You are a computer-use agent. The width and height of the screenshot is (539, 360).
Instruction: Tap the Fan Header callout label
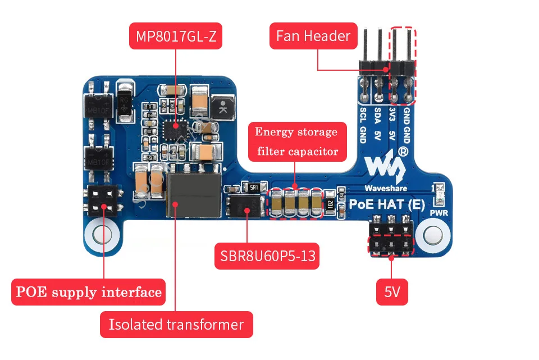pyautogui.click(x=313, y=36)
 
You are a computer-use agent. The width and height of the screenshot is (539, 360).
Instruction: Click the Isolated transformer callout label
pyautogui.click(x=176, y=324)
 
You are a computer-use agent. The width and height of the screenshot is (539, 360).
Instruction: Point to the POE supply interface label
pyautogui.click(x=89, y=292)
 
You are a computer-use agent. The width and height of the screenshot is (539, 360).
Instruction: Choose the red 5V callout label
pyautogui.click(x=392, y=292)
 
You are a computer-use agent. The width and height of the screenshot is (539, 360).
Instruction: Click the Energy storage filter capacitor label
pyautogui.click(x=297, y=142)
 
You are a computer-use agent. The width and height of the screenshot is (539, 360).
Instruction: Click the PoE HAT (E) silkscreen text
pyautogui.click(x=387, y=203)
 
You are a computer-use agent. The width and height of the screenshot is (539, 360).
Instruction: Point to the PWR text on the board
pyautogui.click(x=438, y=213)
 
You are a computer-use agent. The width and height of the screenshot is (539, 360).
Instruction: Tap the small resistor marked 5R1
pyautogui.click(x=253, y=187)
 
